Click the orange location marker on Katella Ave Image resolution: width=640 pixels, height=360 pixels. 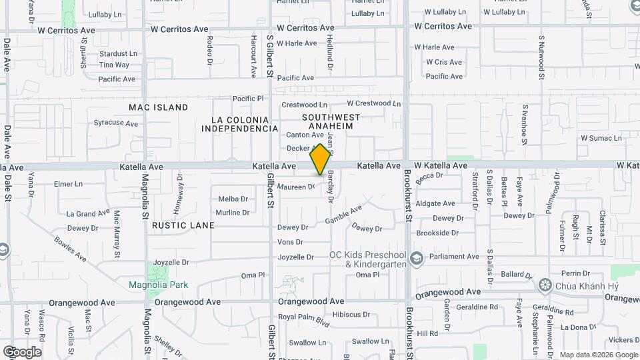[321, 159]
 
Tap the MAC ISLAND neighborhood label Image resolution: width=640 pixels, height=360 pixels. [159, 107]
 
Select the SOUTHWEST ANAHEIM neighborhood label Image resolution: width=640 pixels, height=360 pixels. [331, 121]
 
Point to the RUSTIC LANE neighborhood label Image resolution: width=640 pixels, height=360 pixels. [183, 225]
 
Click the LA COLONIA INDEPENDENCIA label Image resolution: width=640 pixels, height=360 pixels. [240, 124]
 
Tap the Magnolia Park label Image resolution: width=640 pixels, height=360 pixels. [158, 285]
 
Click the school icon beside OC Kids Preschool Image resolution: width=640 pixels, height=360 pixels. [417, 257]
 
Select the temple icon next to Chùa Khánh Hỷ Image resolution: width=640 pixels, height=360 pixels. [545, 286]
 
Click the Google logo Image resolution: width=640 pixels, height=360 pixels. [22, 351]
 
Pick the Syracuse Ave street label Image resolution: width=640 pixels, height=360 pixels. [115, 123]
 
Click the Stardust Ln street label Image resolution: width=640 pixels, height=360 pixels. [118, 53]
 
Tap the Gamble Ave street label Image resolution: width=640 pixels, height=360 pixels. [343, 215]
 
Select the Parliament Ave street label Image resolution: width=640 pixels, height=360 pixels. [454, 257]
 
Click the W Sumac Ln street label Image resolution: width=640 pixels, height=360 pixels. [601, 138]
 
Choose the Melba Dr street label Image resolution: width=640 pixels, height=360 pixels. [233, 199]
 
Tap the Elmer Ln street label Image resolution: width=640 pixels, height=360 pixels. [68, 183]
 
